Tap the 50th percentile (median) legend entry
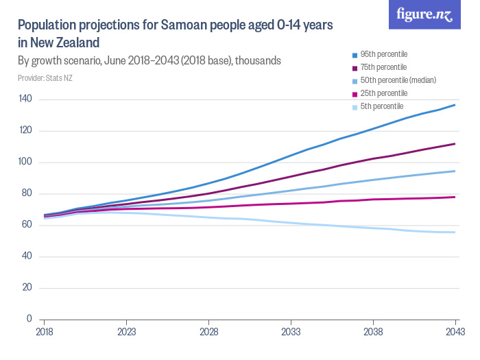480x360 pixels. (393, 80)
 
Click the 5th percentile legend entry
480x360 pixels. (381, 106)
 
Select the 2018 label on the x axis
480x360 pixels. (45, 331)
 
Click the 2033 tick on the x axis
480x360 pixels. (291, 331)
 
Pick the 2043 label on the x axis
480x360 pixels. (455, 331)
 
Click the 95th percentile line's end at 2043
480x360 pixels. (455, 105)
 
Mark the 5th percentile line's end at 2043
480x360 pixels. (455, 232)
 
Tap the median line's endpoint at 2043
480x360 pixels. (455, 171)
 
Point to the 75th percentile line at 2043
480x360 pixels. (455, 144)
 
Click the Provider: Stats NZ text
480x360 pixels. (45, 78)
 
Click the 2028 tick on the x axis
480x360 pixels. (208, 331)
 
